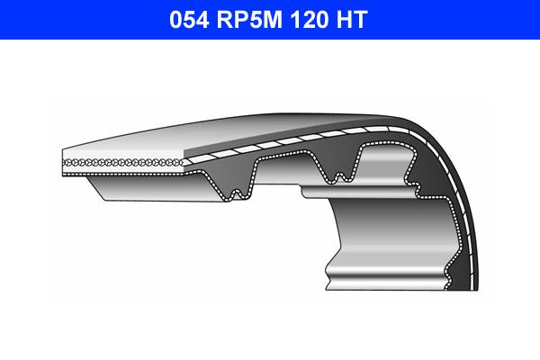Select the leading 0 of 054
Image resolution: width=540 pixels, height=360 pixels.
(x=176, y=20)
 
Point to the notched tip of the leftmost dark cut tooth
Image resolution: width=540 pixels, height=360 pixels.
(x=236, y=192)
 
